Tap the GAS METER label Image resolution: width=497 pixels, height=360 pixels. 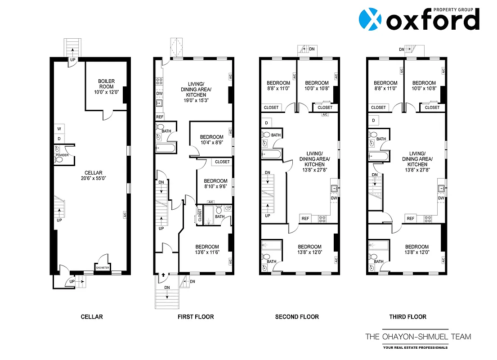103,267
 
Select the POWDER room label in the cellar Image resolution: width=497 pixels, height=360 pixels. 62,155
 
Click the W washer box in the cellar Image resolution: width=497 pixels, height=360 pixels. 59,129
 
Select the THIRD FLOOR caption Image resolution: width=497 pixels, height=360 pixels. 407,317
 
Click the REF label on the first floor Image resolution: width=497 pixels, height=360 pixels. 160,117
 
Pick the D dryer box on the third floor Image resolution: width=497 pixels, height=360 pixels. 373,121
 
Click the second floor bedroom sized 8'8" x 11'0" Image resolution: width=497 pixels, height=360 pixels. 278,86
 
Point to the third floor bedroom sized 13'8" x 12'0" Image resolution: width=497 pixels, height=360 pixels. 417,249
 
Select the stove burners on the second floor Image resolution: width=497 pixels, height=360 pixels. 322,219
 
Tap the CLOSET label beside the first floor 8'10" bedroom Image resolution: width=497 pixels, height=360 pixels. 222,162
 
